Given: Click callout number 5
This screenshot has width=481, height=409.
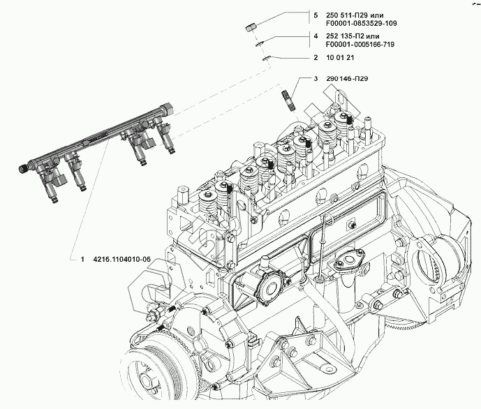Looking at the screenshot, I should coord(316,13).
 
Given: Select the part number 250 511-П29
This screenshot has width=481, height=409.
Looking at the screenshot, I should coord(355,13).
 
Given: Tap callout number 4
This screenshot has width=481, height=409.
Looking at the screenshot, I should coord(316,36).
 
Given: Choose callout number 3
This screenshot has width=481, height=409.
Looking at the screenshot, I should coord(316,80).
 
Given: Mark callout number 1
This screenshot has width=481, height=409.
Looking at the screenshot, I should coord(82,260).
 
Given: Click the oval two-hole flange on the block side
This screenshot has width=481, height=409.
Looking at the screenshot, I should coord(347,264).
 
